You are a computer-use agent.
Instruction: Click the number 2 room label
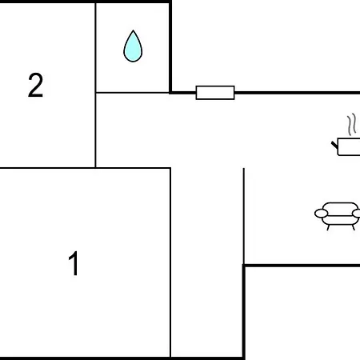[35, 85]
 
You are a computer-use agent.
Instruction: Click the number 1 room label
[74, 263]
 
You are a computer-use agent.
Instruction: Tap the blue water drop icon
[133, 46]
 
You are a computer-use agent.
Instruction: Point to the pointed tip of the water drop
[133, 30]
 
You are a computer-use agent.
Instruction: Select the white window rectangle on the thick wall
[215, 93]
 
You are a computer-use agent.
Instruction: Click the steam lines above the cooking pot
[352, 124]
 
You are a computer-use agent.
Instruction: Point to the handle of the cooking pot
[334, 146]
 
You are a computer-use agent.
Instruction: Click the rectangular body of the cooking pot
[349, 146]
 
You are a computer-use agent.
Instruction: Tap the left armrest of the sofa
[321, 214]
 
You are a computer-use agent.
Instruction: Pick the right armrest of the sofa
[357, 214]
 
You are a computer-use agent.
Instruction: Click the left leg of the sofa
[329, 227]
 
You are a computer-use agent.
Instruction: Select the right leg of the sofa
[354, 227]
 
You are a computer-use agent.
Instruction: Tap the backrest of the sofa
[339, 207]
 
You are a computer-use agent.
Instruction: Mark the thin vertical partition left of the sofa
[244, 216]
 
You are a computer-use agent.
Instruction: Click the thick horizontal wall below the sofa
[302, 266]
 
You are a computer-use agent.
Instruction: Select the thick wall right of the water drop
[170, 47]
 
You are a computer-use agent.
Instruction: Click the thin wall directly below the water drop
[132, 93]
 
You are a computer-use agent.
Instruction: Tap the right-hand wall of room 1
[170, 262]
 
